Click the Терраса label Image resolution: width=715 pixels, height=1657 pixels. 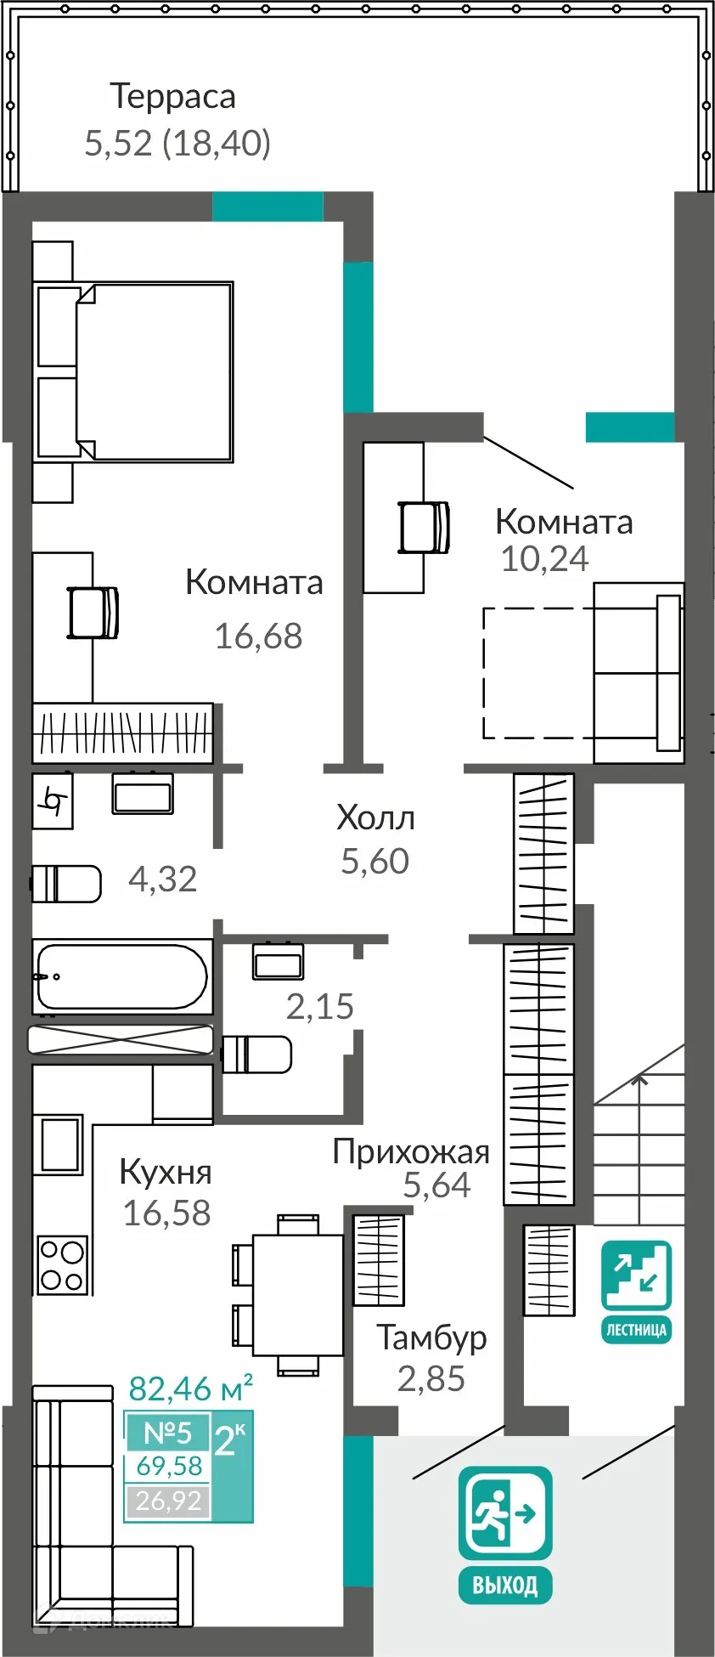click(172, 97)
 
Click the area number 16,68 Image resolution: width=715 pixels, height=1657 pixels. click(258, 636)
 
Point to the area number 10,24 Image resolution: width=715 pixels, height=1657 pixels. click(544, 558)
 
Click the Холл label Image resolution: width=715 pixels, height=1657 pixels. click(375, 817)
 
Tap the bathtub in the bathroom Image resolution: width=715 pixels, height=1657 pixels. click(121, 976)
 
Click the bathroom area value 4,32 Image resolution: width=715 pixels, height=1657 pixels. click(162, 879)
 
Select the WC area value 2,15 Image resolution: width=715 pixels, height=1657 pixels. click(319, 1006)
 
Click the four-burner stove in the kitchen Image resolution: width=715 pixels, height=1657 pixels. click(62, 1264)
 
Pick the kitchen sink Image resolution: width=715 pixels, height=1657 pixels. click(59, 1145)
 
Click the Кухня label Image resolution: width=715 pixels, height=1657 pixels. click(166, 1172)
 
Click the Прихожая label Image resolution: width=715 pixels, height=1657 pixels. click(411, 1151)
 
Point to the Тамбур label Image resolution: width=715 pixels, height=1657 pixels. click(431, 1337)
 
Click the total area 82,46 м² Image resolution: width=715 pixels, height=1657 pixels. click(190, 1388)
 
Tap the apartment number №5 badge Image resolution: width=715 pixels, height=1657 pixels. click(167, 1433)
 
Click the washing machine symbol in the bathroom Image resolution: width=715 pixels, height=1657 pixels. click(53, 800)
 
